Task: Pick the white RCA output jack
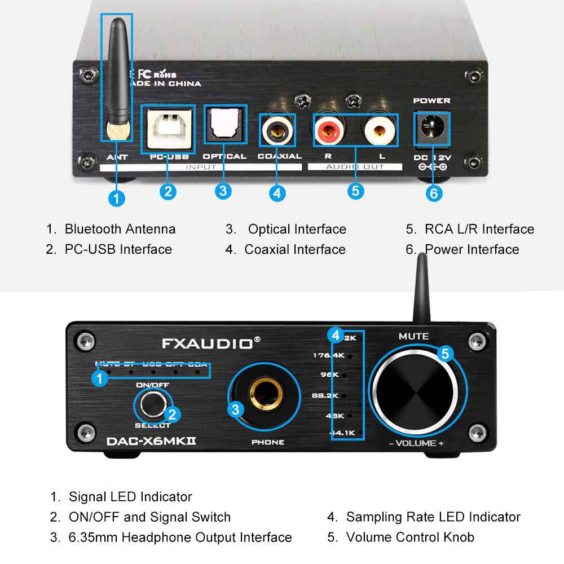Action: click(380, 131)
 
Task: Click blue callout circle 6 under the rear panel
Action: click(433, 193)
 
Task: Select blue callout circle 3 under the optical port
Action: click(224, 191)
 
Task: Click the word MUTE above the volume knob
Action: click(413, 336)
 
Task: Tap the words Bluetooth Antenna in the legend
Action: click(120, 229)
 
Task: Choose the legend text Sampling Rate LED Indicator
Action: click(433, 517)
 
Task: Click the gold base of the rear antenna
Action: click(117, 133)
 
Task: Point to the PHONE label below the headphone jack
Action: click(267, 442)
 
